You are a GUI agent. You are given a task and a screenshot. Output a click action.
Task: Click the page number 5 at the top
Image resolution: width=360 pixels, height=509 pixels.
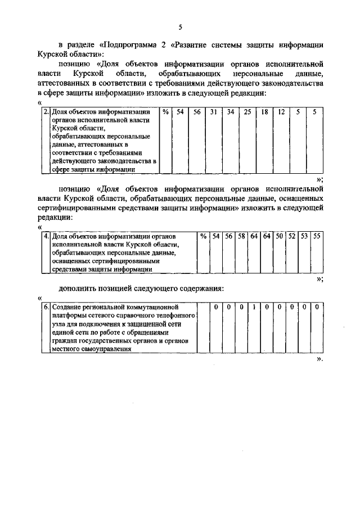tap(180, 27)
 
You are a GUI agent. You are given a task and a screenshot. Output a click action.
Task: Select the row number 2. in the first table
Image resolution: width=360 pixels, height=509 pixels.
tap(47, 112)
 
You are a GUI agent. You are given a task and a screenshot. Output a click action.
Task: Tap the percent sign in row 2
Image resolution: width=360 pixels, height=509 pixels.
tap(165, 112)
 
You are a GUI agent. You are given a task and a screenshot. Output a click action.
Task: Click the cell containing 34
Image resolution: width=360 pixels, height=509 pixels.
tap(230, 112)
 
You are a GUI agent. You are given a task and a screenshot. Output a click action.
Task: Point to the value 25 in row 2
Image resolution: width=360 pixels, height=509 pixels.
tap(247, 112)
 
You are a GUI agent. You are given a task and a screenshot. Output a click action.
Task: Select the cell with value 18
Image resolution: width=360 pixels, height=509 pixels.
tap(264, 112)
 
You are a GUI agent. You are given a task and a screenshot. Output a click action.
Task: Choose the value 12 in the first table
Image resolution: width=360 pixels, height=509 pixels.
tap(281, 112)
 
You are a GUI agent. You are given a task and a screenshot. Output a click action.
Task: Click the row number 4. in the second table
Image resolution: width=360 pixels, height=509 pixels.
tap(47, 236)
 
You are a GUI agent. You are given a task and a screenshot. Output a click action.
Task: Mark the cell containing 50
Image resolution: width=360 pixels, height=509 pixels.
tap(280, 236)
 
